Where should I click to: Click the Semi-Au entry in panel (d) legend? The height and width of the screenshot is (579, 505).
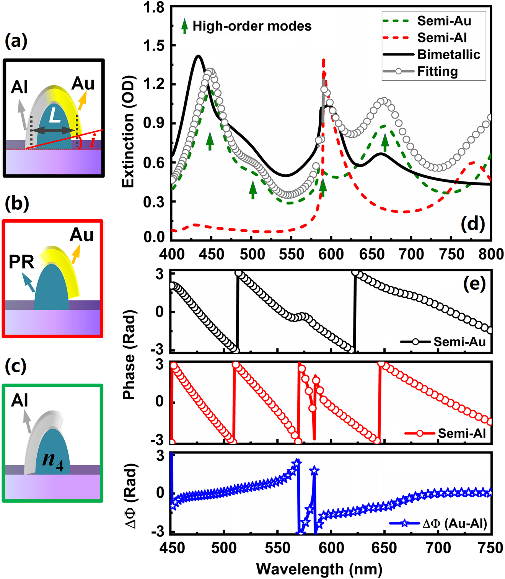444,21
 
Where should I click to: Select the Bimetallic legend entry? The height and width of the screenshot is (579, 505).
448,54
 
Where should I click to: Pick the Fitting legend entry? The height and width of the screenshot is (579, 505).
437,72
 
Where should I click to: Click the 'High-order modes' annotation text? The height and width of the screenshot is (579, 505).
252,26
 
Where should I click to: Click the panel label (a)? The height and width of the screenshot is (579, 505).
16,41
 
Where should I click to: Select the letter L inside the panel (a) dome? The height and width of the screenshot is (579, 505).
55,116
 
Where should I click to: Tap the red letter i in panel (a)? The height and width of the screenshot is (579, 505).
92,142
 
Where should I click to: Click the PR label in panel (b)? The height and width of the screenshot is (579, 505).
21,262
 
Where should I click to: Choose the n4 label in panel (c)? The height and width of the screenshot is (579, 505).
53,458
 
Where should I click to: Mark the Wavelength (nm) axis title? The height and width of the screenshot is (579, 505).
319,569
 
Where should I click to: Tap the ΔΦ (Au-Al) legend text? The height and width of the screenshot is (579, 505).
454,524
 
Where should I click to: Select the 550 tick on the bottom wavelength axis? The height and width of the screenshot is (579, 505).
279,548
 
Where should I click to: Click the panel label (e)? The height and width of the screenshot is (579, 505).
474,284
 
